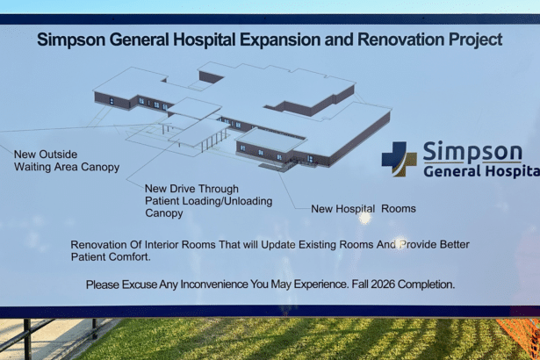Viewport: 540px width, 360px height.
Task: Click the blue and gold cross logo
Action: click(x=400, y=159)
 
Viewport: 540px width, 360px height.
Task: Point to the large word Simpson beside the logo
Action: click(x=472, y=152)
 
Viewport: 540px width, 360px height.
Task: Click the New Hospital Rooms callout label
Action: click(x=364, y=209)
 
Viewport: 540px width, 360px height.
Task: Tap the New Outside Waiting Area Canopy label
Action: click(x=67, y=161)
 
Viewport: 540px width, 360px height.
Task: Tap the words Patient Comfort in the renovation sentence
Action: click(x=111, y=257)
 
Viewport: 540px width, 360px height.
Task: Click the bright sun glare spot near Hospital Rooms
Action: click(x=364, y=218)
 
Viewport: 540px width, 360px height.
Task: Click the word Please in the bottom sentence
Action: click(x=102, y=284)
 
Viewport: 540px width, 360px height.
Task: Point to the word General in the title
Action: click(x=139, y=40)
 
